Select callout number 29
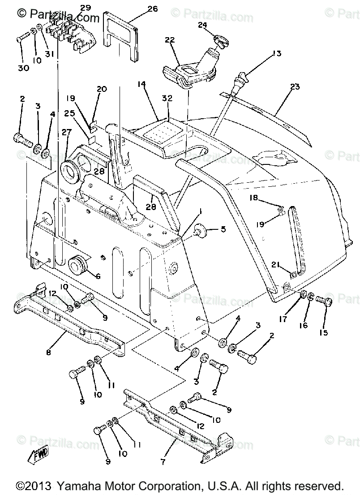point(85,8)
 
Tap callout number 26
point(153,9)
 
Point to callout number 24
point(203,25)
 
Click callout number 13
point(276,54)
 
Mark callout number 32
point(167,98)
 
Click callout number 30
point(23,68)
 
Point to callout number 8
point(49,353)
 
